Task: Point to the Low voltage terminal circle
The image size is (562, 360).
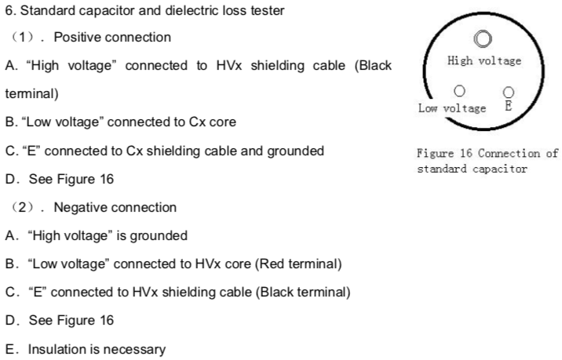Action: coord(458,92)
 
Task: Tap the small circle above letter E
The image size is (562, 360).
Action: coord(508,93)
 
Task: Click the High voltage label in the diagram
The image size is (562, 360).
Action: coord(484,60)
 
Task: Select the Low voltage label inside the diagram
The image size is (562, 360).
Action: coord(452,107)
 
